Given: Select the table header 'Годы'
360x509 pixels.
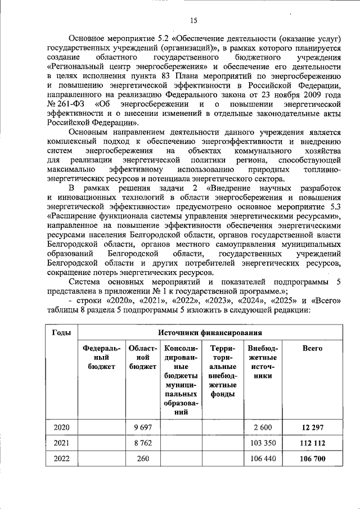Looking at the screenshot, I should pyautogui.click(x=61, y=332).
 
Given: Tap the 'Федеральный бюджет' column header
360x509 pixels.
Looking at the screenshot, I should pyautogui.click(x=101, y=357).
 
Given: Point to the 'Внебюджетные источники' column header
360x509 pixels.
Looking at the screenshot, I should pyautogui.click(x=262, y=364).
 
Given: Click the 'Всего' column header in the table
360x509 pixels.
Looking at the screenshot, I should pyautogui.click(x=308, y=348).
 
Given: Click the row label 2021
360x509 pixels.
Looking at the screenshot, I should pyautogui.click(x=61, y=443).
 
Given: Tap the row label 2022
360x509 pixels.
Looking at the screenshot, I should pyautogui.click(x=61, y=458).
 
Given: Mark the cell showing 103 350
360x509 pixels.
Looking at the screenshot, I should pyautogui.click(x=263, y=443).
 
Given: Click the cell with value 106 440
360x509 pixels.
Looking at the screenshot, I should pyautogui.click(x=263, y=458).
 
